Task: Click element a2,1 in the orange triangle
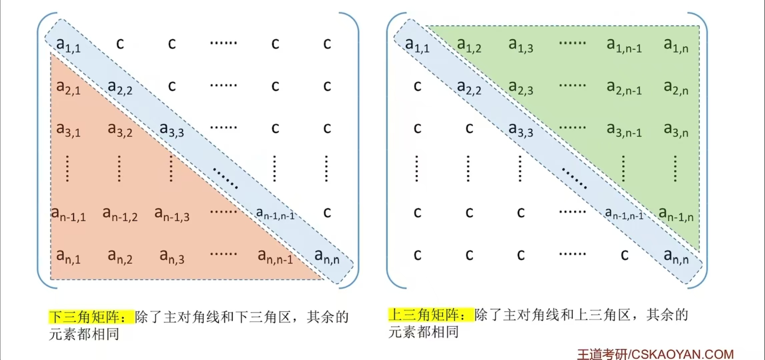click(68, 88)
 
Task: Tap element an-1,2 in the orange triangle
click(120, 214)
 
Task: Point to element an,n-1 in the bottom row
click(275, 257)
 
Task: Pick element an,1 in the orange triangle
click(68, 257)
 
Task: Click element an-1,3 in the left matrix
click(172, 214)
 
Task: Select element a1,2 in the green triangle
click(469, 45)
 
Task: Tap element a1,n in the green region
click(676, 45)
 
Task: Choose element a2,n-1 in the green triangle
click(624, 88)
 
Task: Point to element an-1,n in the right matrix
click(676, 214)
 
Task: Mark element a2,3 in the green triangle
click(521, 88)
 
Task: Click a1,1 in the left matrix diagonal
click(68, 45)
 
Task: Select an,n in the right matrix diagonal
click(676, 257)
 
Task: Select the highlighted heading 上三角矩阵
click(427, 315)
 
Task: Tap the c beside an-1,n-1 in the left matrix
click(327, 213)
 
